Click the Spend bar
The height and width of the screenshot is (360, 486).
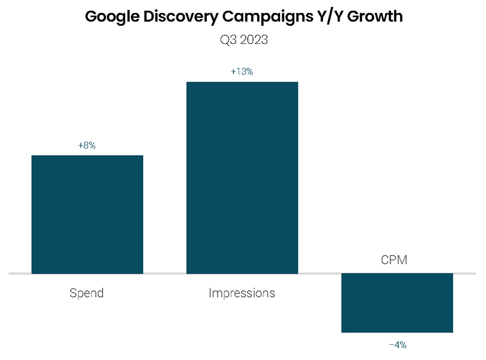point(87,215)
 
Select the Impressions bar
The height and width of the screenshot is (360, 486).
point(242,178)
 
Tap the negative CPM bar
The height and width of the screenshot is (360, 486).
point(397,303)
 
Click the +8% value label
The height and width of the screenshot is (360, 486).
point(87,145)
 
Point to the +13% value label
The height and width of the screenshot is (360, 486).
point(242,71)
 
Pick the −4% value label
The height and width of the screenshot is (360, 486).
point(397,344)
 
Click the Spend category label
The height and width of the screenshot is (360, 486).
point(86,294)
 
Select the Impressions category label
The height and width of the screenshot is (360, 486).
point(242,294)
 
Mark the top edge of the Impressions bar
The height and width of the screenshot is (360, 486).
point(242,82)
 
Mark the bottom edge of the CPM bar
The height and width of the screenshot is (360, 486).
point(397,332)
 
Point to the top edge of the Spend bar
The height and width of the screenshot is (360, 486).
point(87,156)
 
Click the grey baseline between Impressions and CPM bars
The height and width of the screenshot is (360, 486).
point(320,274)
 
